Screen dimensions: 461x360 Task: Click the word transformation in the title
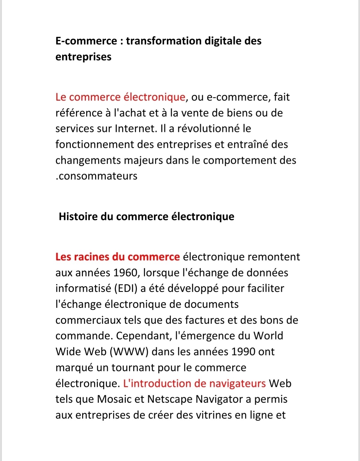click(x=164, y=41)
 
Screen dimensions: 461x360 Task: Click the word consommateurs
click(x=97, y=176)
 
